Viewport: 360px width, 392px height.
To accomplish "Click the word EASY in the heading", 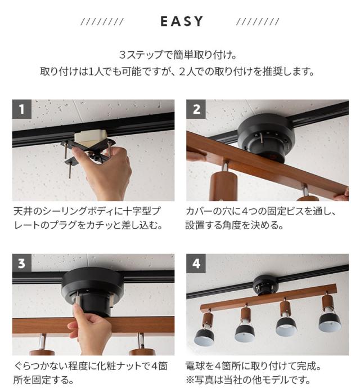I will pyautogui.click(x=181, y=22).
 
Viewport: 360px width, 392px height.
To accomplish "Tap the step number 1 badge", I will pyautogui.click(x=21, y=109).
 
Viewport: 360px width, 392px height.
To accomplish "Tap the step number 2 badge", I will pyautogui.click(x=196, y=109).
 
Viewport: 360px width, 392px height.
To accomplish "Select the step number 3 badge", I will pyautogui.click(x=21, y=264).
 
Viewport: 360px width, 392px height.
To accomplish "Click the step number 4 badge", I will pyautogui.click(x=196, y=264).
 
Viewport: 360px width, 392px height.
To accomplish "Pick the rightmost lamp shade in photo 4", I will pyautogui.click(x=330, y=321).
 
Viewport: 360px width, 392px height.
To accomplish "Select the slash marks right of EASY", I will pyautogui.click(x=258, y=22).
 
